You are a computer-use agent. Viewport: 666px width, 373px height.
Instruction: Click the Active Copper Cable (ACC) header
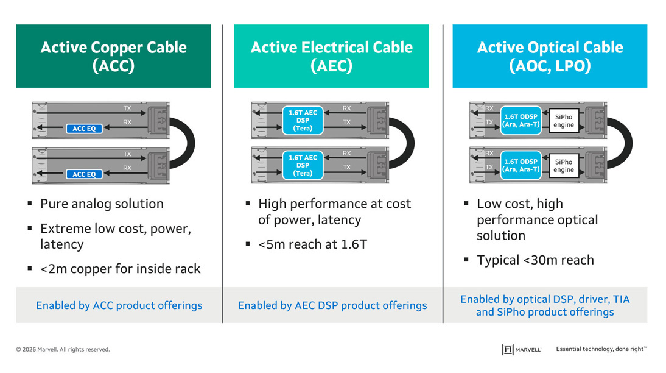pos(113,56)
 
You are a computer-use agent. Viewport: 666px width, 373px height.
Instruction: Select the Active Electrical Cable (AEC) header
pos(331,56)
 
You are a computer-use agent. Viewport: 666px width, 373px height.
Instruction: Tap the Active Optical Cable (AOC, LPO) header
pos(549,56)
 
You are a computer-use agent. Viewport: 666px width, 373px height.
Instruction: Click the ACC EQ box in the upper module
pos(84,129)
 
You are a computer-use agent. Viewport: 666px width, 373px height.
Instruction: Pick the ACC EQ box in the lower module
pos(84,174)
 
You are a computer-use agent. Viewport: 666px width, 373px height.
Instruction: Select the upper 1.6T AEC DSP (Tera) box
pos(303,121)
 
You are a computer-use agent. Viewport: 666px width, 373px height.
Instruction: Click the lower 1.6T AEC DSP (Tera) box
pos(303,165)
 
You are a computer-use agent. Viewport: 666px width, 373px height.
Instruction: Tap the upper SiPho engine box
pos(564,121)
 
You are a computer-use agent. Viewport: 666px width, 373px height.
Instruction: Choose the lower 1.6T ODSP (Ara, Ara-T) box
pos(521,165)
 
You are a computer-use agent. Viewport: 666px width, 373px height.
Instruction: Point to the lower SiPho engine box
pos(564,165)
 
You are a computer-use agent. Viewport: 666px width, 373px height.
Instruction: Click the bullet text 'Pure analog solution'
pos(102,204)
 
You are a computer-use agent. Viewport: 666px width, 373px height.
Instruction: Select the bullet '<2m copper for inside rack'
pos(120,269)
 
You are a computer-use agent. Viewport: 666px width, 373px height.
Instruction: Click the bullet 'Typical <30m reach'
pos(535,260)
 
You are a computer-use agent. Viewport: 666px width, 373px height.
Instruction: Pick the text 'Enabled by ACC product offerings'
pos(119,305)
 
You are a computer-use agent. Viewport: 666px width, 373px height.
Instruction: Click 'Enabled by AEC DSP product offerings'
pos(332,305)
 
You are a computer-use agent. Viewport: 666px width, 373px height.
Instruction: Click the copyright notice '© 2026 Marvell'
pos(63,349)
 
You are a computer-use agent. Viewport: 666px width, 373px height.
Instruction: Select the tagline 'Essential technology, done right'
pos(601,349)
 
